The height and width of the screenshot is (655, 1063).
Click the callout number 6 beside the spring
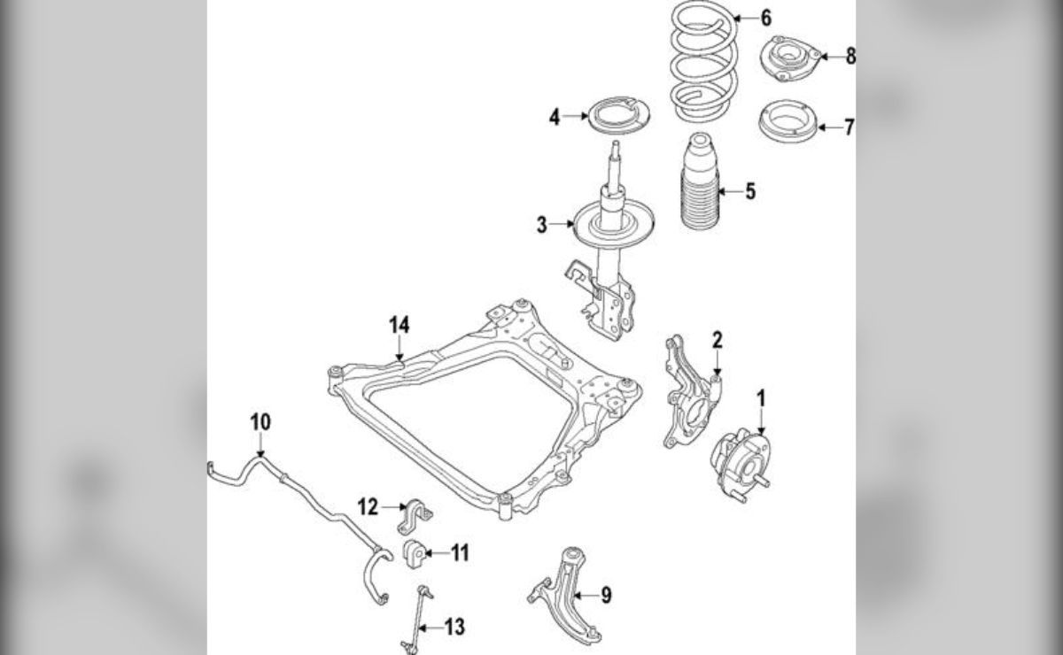tap(766, 18)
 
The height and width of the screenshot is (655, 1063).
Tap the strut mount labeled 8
tap(789, 58)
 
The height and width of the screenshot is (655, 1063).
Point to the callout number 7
tap(849, 127)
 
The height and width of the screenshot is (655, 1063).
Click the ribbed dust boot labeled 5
tap(700, 181)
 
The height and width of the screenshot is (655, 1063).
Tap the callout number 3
tap(541, 225)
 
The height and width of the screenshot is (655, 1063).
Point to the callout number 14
tap(400, 326)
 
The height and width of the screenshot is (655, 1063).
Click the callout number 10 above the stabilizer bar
tap(260, 422)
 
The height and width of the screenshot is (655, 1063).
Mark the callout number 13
tap(454, 628)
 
